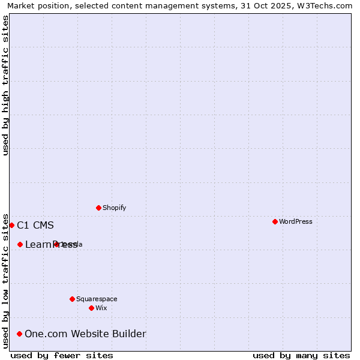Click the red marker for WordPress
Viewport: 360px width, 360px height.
tap(275, 221)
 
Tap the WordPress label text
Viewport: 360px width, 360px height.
tap(295, 221)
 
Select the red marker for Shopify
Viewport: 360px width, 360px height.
tap(98, 208)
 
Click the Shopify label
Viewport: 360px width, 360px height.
tap(114, 208)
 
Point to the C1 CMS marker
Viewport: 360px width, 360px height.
tap(11, 225)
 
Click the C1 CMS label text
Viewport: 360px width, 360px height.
tap(35, 226)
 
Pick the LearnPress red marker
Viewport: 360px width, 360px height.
tap(20, 244)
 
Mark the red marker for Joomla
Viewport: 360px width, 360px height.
tap(56, 244)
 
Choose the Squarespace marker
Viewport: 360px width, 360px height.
tap(72, 299)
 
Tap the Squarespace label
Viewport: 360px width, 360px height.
tap(97, 299)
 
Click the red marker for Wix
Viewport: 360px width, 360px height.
tap(91, 308)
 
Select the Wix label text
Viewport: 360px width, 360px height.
tap(101, 308)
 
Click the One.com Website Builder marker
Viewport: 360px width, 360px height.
tap(19, 334)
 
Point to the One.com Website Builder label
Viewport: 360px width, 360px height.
tap(85, 334)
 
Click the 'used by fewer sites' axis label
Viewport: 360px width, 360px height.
tap(62, 355)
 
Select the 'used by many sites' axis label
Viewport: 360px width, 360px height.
tap(301, 355)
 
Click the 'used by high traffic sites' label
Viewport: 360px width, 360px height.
tap(5, 85)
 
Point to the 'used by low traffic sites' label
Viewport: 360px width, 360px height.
tap(5, 280)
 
